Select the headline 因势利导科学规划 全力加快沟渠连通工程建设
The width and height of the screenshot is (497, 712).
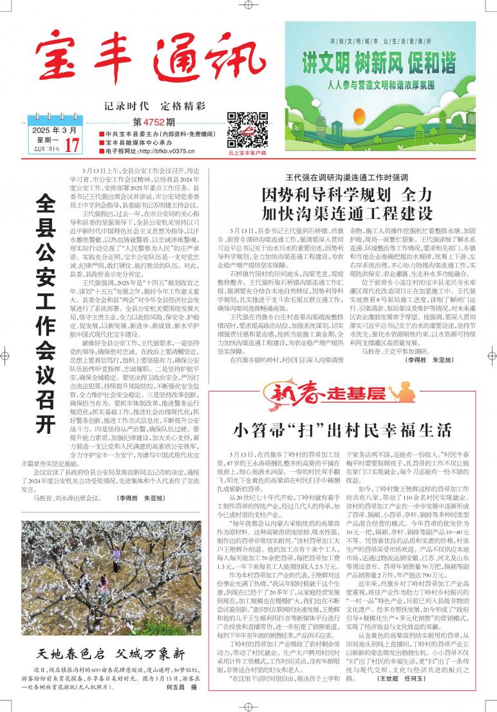(347, 204)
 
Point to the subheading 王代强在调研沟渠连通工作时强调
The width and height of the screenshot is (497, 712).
(346, 177)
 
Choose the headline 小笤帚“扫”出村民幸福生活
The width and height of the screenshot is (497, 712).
(342, 429)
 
